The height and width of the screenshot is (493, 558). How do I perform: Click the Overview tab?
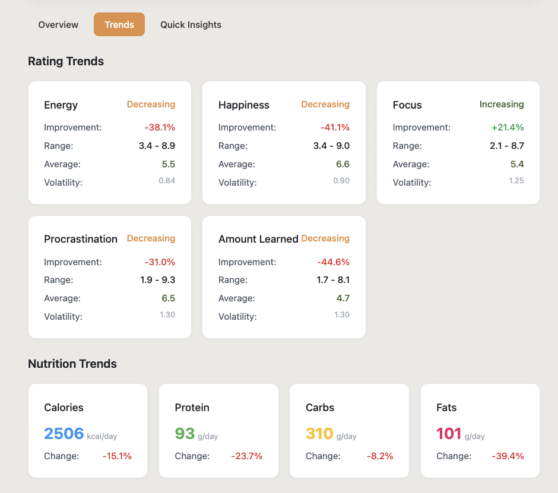(58, 25)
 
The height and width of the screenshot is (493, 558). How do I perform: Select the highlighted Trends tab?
(119, 25)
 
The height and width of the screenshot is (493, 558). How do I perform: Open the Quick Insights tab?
(191, 25)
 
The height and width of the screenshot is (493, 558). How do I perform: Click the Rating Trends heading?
(66, 61)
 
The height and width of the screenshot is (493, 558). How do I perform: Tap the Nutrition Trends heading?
(72, 364)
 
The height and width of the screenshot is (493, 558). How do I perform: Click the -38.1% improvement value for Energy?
(160, 128)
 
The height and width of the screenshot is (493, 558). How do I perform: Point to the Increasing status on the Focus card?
(502, 104)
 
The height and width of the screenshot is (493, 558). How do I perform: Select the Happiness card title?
(244, 105)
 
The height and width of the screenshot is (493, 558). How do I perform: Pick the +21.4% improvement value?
(508, 128)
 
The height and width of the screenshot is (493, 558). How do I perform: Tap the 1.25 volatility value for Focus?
(516, 181)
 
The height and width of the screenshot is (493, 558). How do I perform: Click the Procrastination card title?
(81, 239)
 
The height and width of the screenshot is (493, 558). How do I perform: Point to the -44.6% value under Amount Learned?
(334, 262)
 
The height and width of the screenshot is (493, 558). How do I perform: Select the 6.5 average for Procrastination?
(169, 298)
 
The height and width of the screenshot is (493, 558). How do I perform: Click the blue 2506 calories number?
(64, 434)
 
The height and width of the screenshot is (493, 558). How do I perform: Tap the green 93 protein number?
(185, 434)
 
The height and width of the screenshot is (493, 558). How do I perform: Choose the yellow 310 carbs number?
(319, 434)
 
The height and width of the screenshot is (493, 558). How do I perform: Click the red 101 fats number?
(449, 434)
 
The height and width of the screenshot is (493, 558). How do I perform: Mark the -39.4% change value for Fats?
(508, 456)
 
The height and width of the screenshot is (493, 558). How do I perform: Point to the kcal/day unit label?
(102, 437)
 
